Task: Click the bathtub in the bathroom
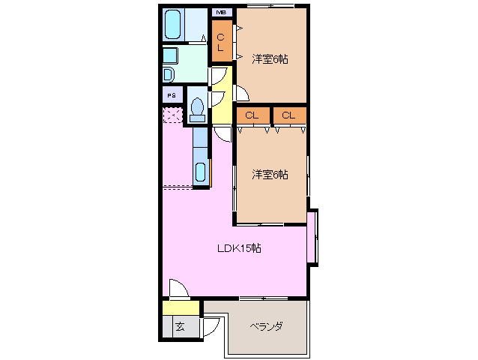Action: pos(174,25)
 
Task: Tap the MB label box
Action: pos(222,12)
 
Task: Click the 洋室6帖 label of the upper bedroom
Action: pos(270,58)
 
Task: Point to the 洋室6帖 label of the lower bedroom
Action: pos(270,175)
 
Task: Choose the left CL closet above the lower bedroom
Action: pos(252,115)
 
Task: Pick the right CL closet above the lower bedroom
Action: pos(289,115)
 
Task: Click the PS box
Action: pos(172,95)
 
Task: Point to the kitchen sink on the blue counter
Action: pos(201,172)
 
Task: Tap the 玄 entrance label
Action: pos(180,326)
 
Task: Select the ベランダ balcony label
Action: pos(266,326)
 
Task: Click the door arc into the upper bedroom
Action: pos(241,93)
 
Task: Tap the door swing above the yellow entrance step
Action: pos(178,289)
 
